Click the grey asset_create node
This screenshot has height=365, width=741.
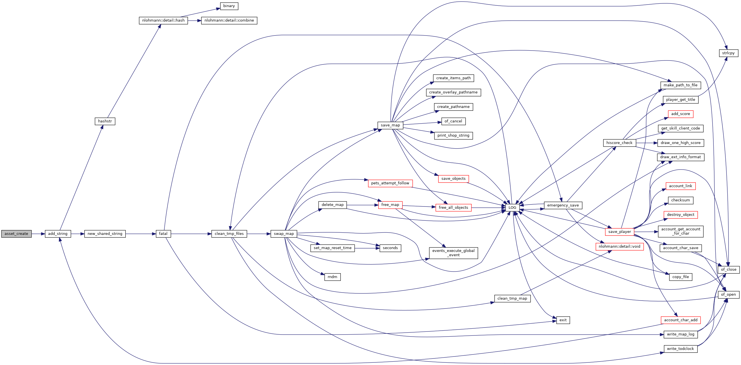(16, 234)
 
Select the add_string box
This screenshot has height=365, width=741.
(58, 234)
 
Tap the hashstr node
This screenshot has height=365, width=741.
(105, 121)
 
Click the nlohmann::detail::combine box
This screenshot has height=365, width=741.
(229, 20)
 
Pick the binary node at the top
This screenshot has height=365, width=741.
(229, 6)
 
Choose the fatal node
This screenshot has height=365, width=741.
(163, 234)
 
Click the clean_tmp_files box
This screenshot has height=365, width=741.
(229, 234)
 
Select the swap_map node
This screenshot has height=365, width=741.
(284, 234)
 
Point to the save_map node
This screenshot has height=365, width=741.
(390, 125)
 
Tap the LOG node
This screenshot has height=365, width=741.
(512, 208)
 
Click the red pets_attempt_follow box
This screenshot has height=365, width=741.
(390, 183)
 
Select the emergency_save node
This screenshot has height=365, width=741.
(563, 205)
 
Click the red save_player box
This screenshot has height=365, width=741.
(620, 232)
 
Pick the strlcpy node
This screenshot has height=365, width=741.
(728, 53)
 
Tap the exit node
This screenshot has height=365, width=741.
(563, 320)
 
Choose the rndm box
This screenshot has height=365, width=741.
(332, 277)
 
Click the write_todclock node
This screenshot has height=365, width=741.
(681, 349)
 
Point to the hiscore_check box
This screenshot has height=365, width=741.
(619, 143)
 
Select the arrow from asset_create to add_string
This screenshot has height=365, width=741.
(38, 234)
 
